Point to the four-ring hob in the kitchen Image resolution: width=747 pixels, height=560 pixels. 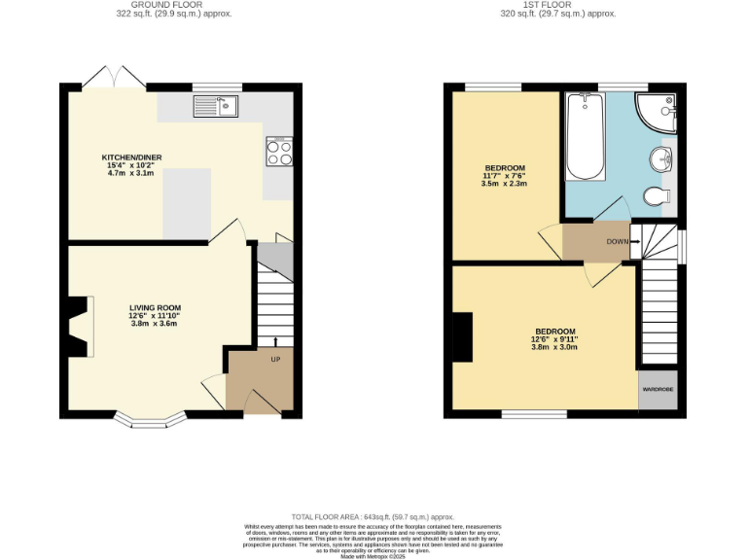(279, 152)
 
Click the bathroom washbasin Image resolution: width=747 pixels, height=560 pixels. (667, 159)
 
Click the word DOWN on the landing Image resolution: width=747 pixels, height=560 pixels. (617, 241)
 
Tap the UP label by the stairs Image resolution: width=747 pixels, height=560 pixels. (275, 360)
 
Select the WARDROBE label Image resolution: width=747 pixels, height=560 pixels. (657, 389)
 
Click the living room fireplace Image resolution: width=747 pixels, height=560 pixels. (78, 326)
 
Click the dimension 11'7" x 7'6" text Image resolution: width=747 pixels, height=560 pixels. (505, 176)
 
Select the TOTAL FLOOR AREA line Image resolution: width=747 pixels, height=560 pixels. (373, 516)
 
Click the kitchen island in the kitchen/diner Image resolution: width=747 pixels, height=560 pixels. (188, 203)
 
